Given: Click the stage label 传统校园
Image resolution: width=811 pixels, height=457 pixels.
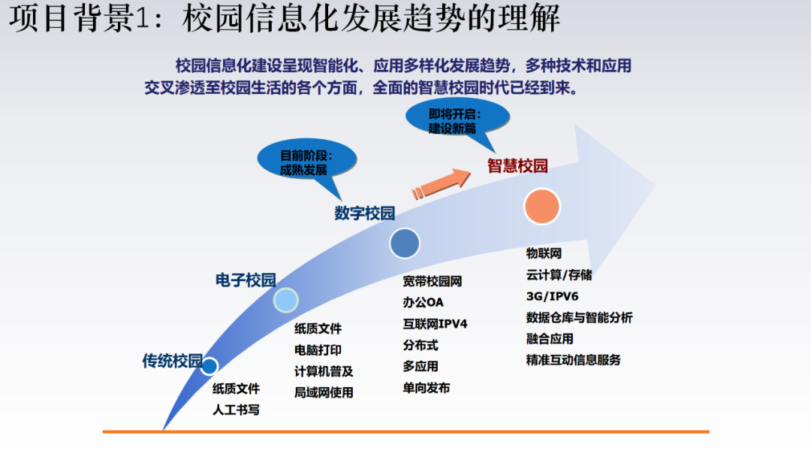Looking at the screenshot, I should pyautogui.click(x=172, y=361).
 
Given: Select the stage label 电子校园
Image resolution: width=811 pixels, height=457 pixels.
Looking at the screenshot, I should pyautogui.click(x=246, y=280).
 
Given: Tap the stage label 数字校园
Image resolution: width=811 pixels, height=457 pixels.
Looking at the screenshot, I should pyautogui.click(x=364, y=213).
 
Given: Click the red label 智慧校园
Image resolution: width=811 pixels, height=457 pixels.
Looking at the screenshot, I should pyautogui.click(x=517, y=165).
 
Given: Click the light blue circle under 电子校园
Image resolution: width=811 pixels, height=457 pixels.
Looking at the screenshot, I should pyautogui.click(x=285, y=300).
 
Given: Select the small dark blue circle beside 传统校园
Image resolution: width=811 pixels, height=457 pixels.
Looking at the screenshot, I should pyautogui.click(x=210, y=367).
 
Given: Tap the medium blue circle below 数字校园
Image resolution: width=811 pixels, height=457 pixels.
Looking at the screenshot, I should pyautogui.click(x=405, y=244).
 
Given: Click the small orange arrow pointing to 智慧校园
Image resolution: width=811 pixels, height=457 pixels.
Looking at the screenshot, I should pyautogui.click(x=441, y=182).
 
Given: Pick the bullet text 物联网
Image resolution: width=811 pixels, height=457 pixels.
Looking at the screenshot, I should pyautogui.click(x=544, y=253).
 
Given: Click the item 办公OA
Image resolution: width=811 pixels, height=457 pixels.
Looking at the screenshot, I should pyautogui.click(x=423, y=302).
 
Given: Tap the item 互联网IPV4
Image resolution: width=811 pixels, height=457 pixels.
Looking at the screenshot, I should pyautogui.click(x=435, y=324).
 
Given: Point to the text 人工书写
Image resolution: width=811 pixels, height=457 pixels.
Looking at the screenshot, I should pyautogui.click(x=236, y=410).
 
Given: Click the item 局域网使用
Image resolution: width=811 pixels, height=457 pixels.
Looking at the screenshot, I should pyautogui.click(x=324, y=392).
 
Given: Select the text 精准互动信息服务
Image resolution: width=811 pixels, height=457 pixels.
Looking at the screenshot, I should pyautogui.click(x=574, y=359).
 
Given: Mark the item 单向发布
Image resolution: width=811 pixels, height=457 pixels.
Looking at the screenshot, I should pyautogui.click(x=427, y=388).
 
